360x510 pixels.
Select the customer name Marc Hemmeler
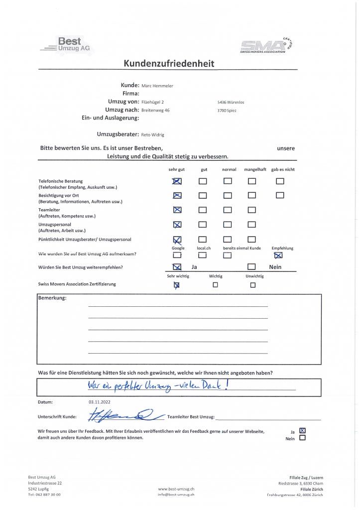157,86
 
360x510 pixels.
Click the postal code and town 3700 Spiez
227,110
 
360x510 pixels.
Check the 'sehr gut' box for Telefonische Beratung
177,181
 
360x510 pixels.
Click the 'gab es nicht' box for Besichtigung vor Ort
280,195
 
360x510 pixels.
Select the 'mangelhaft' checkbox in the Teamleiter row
252,210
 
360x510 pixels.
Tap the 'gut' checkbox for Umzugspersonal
203,225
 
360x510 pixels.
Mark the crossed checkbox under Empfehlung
278,255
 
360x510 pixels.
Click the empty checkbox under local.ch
202,255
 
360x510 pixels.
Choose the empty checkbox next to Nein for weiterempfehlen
252,267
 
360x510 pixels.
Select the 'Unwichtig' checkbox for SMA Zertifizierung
252,285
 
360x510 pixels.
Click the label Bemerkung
52,298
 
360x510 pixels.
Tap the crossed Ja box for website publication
302,431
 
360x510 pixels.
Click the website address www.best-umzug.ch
176,489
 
